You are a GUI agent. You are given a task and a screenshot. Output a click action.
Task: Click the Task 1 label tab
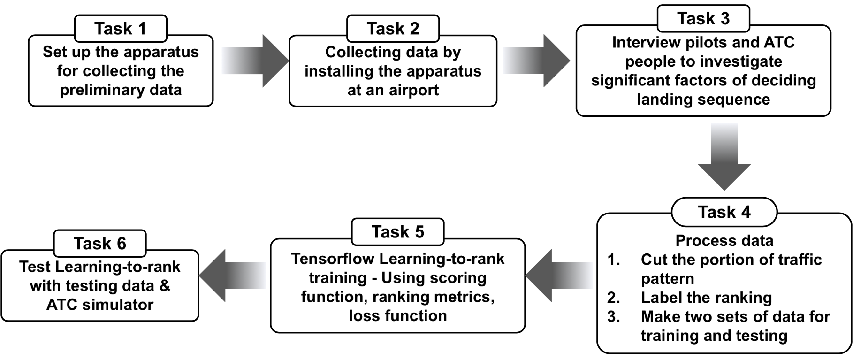pos(121,29)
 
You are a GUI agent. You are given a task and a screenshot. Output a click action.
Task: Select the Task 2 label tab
pos(393,29)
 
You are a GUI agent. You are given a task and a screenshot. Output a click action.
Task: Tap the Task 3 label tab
pos(703,18)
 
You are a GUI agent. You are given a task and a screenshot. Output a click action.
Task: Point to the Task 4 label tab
pos(724,212)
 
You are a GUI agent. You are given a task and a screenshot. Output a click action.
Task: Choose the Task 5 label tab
pos(398,232)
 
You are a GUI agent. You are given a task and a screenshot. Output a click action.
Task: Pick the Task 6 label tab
pos(100,244)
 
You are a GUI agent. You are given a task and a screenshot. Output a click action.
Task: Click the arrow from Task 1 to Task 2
pos(254,61)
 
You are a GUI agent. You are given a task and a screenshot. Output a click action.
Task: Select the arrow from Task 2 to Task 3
pos(536,61)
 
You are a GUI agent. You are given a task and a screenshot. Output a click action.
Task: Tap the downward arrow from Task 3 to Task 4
pos(724,157)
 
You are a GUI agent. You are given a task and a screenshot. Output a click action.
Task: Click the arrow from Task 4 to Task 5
pos(559,275)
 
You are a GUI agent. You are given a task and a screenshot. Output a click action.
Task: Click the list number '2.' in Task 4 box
pos(614,298)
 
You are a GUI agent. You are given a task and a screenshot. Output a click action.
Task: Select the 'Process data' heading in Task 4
pos(724,241)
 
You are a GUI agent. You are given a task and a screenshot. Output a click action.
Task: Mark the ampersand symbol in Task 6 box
pos(165,285)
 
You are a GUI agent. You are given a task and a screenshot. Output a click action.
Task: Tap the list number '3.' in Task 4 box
pos(614,316)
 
